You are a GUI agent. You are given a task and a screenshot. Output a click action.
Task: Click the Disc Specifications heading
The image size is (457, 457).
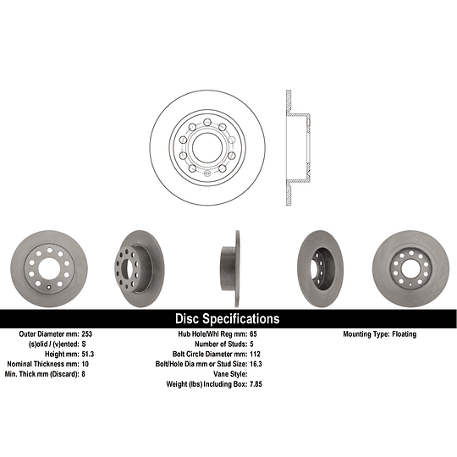(228, 318)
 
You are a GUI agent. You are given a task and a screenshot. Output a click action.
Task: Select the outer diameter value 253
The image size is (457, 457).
(87, 334)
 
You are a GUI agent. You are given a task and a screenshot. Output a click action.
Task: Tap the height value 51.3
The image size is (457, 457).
(88, 354)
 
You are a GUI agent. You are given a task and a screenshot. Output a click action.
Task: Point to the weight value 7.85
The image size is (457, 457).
(256, 384)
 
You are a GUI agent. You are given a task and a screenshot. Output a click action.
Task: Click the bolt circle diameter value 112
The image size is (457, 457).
(255, 354)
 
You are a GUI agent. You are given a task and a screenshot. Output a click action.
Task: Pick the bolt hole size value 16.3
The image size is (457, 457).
(256, 364)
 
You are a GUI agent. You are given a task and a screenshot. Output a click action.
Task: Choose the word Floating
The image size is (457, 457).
(405, 334)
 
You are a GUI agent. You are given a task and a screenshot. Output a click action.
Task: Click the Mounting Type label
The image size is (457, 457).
(366, 334)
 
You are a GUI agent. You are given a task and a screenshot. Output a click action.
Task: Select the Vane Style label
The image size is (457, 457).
(230, 374)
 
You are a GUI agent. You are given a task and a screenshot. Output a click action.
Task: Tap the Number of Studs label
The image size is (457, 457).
(221, 344)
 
